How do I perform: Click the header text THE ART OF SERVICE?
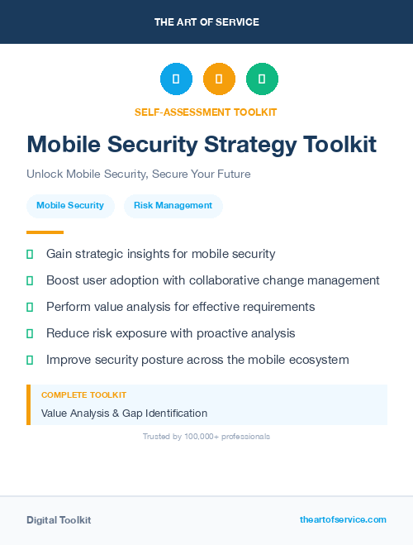point(206,22)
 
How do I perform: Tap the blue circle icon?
point(176,79)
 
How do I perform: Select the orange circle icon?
point(219,79)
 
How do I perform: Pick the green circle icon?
point(262,79)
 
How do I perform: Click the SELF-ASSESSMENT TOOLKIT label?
point(206,112)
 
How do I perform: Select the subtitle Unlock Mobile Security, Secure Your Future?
point(138,174)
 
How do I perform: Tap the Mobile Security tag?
point(70,205)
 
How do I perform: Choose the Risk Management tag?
point(173,205)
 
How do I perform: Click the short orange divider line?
point(45,232)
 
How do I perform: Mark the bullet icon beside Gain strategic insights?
point(30,254)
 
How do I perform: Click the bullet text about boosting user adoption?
point(212,280)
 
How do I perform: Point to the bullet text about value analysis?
point(180,307)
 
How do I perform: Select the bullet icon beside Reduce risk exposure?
point(30,333)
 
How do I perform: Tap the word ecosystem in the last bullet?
point(319,360)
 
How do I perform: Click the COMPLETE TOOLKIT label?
point(83,395)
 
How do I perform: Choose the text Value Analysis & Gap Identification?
point(124,413)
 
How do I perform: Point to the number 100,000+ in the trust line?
point(206,436)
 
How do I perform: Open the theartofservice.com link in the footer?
point(343,519)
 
